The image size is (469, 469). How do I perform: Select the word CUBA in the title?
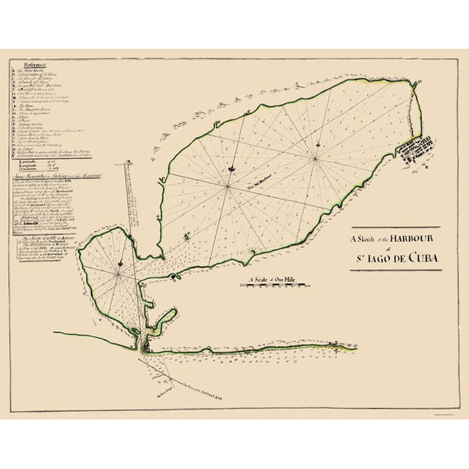[x=418, y=261]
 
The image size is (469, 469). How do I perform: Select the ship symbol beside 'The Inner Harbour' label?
[x=234, y=168]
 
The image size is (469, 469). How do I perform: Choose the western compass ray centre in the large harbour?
[x=226, y=182]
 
